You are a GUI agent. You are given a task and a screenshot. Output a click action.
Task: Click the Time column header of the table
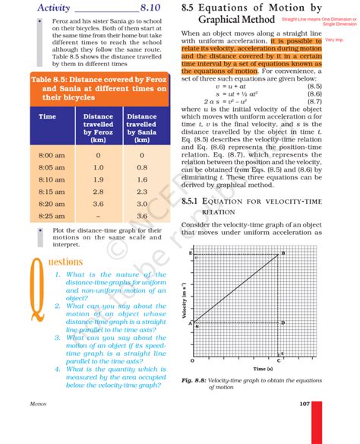click(x=47, y=117)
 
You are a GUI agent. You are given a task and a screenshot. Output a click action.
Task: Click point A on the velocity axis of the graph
click(x=190, y=322)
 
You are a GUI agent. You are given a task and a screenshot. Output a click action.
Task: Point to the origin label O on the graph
click(x=191, y=360)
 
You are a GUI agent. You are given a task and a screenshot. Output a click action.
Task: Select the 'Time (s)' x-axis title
click(x=242, y=367)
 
